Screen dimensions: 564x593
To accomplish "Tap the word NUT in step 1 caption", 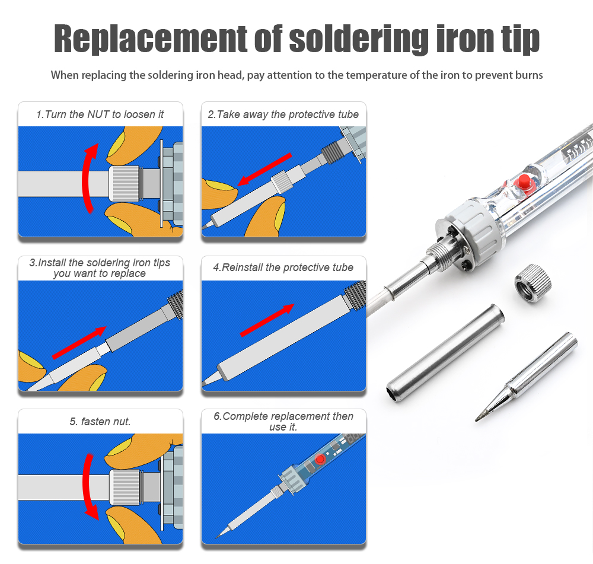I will [x=99, y=114].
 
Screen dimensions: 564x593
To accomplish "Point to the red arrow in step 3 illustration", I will [x=79, y=342].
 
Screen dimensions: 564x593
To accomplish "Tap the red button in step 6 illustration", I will [x=320, y=460].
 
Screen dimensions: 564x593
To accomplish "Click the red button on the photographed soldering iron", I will [x=523, y=181].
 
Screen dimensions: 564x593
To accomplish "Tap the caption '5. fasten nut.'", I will [x=100, y=422].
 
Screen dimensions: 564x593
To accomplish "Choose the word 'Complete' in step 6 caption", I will [x=244, y=416].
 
